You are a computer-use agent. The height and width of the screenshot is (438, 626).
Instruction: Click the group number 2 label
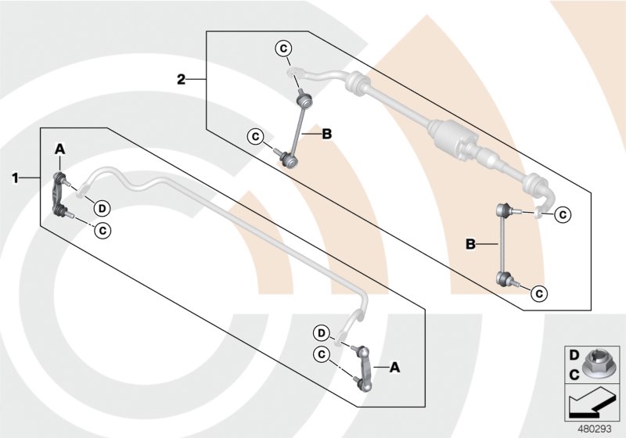point(181,79)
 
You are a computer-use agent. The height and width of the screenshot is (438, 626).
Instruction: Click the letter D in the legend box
point(573,356)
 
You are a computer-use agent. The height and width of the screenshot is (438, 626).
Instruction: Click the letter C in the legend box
point(573,375)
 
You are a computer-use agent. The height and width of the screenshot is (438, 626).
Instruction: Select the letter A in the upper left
point(59,149)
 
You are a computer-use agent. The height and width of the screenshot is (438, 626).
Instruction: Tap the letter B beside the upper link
point(326,135)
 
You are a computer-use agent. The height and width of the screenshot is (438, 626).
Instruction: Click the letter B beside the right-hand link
point(471,245)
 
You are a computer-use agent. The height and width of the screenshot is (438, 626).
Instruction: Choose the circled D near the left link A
point(102,208)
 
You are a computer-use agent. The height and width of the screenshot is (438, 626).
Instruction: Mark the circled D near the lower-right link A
point(322,331)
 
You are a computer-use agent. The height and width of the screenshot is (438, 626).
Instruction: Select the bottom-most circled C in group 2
point(538,293)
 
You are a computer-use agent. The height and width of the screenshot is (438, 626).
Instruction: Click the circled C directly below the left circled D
point(102,230)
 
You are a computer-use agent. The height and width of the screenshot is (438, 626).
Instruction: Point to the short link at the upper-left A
point(60,195)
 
